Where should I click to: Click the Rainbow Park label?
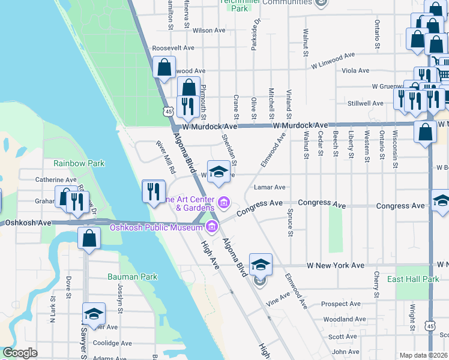click(79, 163)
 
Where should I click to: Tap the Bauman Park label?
click(132, 277)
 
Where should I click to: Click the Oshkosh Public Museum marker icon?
click(211, 226)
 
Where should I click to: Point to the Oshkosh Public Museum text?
click(156, 227)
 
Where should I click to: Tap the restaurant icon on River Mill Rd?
click(153, 191)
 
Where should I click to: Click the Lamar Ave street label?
click(270, 188)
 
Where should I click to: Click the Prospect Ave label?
click(340, 304)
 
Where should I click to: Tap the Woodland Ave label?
click(342, 320)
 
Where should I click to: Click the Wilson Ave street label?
click(209, 30)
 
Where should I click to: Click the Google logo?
click(20, 353)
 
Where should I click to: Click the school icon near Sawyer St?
click(94, 314)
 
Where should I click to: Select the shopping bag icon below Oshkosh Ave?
click(89, 238)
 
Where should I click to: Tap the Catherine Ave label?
click(56, 179)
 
